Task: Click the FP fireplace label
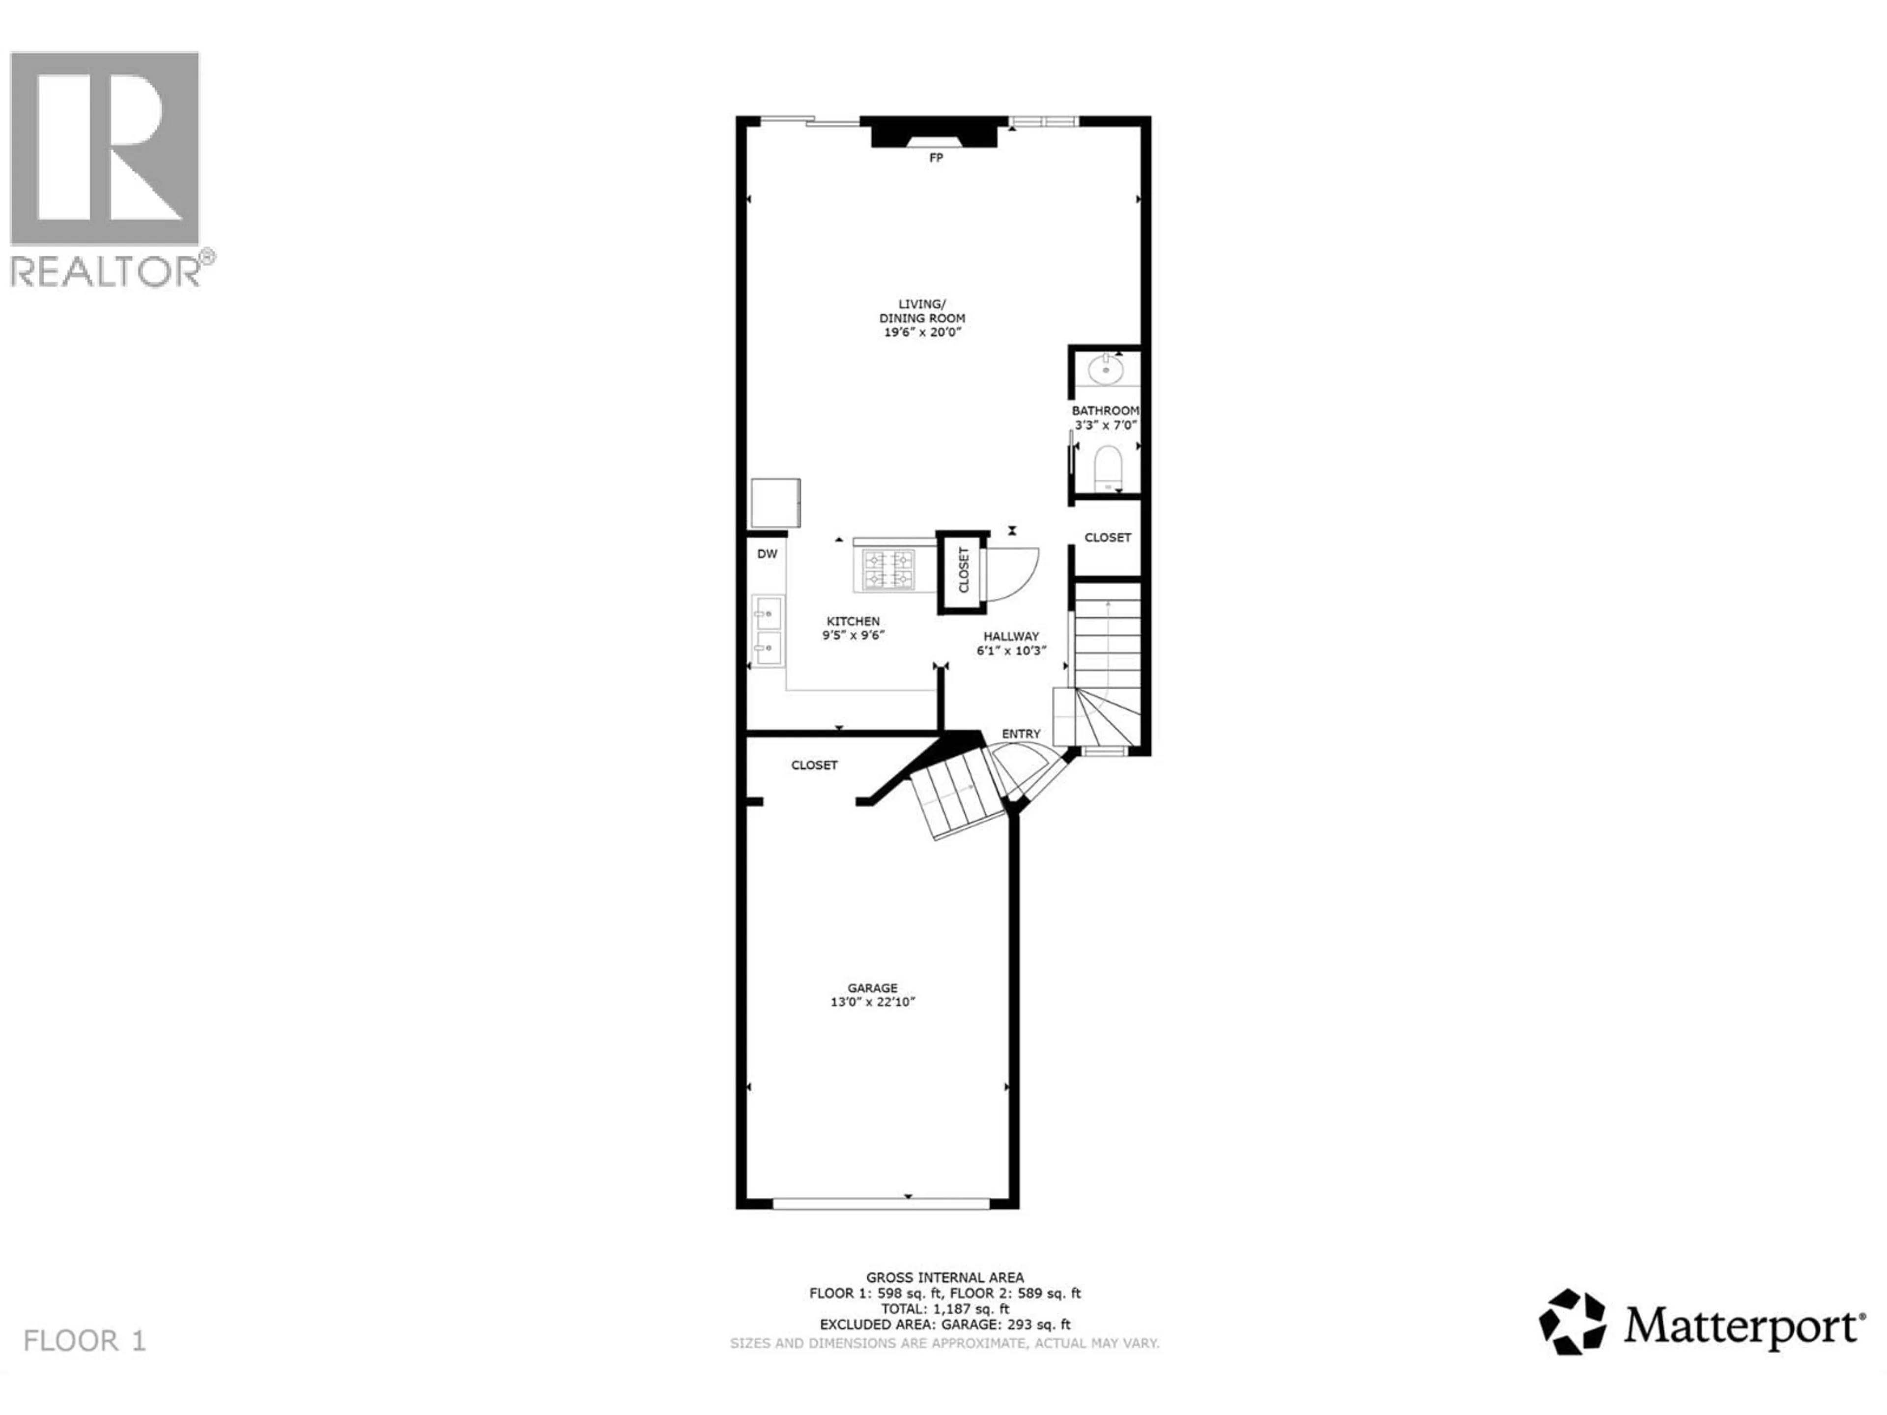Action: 936,158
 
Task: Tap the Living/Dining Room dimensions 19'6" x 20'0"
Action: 922,332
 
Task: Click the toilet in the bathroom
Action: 1108,467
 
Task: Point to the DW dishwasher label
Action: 767,554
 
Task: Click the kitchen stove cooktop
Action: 889,570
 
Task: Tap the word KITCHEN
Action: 853,621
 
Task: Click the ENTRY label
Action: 1021,734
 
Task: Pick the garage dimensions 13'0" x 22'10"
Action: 873,1002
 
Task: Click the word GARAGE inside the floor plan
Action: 873,988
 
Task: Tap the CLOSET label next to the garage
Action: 814,765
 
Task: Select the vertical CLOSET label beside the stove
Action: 964,570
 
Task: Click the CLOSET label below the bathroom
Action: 1107,538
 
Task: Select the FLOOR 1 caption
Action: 85,1341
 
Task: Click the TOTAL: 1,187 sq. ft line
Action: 944,1308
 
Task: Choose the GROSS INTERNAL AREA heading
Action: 944,1278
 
